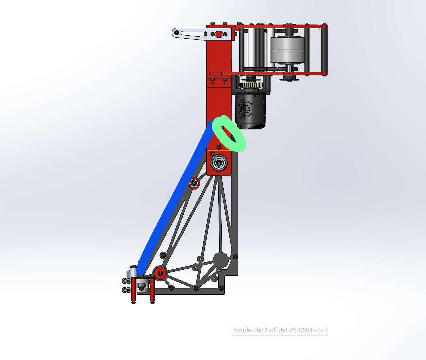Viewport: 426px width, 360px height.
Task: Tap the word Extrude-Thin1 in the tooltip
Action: (x=249, y=330)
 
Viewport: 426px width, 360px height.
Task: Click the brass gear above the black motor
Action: (x=251, y=85)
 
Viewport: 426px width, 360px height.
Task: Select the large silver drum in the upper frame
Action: (x=288, y=50)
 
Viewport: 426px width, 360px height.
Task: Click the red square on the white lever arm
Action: (x=219, y=34)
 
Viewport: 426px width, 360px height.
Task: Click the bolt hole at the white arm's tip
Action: (x=177, y=33)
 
